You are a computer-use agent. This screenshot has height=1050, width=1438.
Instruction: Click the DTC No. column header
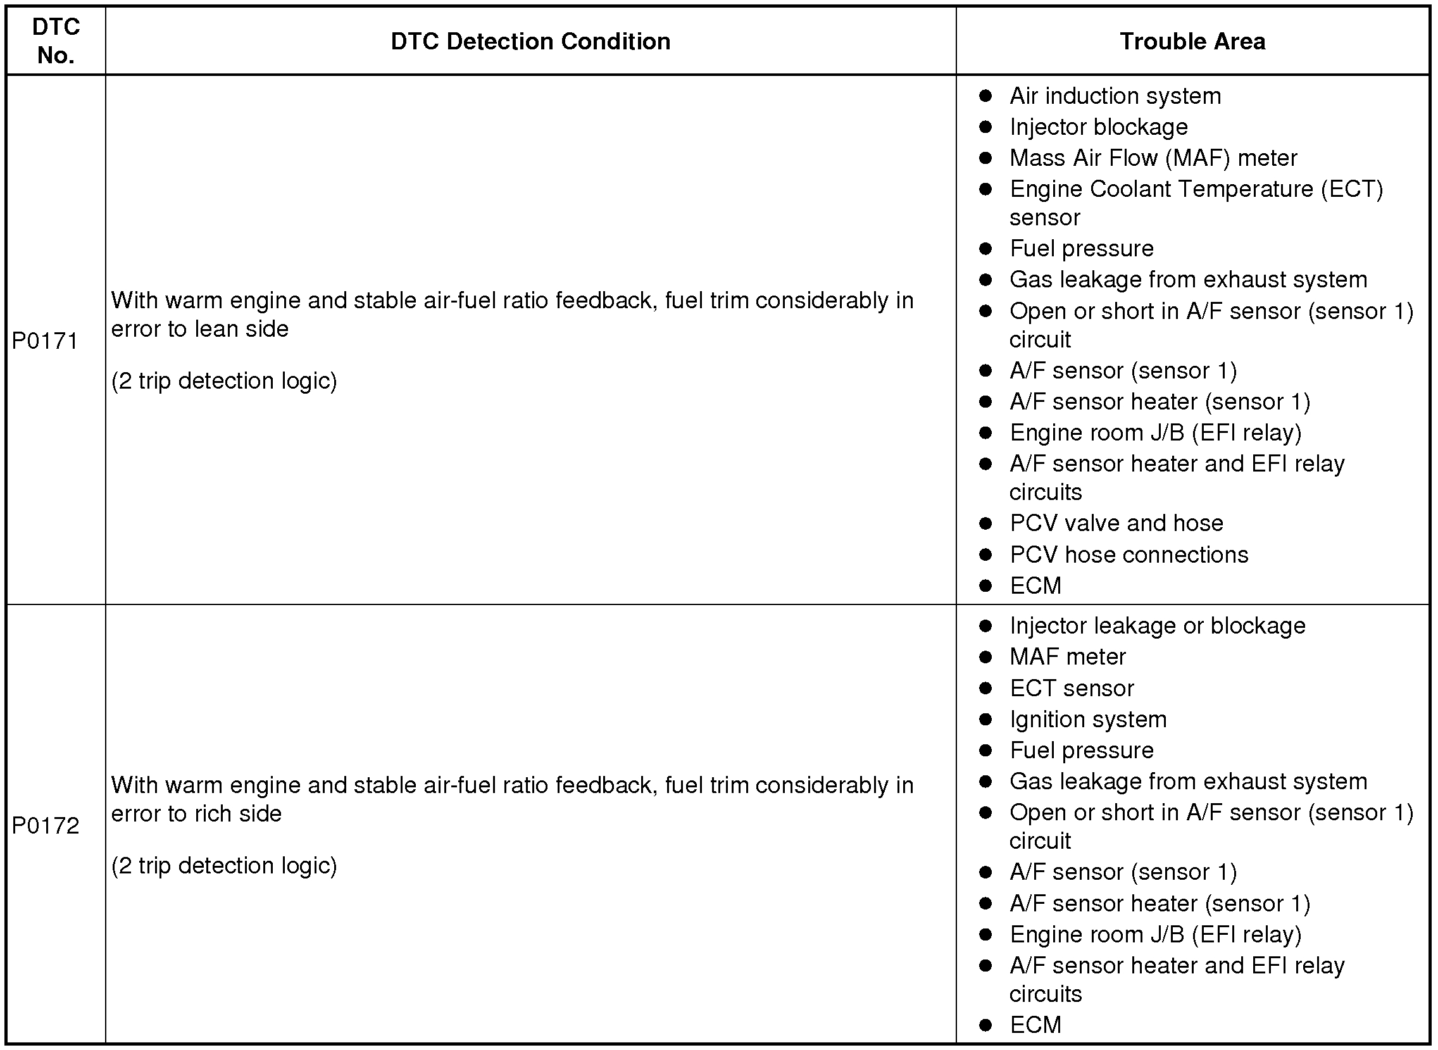pos(56,41)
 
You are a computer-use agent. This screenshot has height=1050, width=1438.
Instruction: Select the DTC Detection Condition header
pos(530,41)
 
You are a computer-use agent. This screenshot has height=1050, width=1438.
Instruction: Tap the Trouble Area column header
pos(1192,41)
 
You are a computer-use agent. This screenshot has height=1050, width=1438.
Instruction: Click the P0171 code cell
pos(44,341)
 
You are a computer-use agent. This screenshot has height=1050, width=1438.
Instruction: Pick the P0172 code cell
pos(45,825)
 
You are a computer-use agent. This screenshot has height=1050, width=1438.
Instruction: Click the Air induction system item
pos(1115,96)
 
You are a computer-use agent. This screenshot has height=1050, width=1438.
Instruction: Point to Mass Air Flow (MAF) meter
pos(1153,158)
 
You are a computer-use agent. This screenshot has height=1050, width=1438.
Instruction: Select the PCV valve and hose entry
pos(1116,523)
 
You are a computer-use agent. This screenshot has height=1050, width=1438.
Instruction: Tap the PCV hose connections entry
pos(1129,554)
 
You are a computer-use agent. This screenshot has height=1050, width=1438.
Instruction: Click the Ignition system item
pos(1088,719)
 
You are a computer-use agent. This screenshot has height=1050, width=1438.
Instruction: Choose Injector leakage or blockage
pos(1157,625)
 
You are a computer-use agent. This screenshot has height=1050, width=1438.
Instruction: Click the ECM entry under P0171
pos(1035,585)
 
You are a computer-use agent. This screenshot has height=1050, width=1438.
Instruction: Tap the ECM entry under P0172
pos(1035,1025)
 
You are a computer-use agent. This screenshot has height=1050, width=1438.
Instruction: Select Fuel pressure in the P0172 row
pos(1081,750)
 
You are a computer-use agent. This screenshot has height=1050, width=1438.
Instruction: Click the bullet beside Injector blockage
pos(985,127)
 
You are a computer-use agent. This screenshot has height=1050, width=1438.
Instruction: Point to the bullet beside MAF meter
pos(985,656)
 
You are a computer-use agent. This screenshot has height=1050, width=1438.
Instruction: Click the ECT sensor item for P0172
pos(1072,688)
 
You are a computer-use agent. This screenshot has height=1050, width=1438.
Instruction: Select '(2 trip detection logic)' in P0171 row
pos(223,381)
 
